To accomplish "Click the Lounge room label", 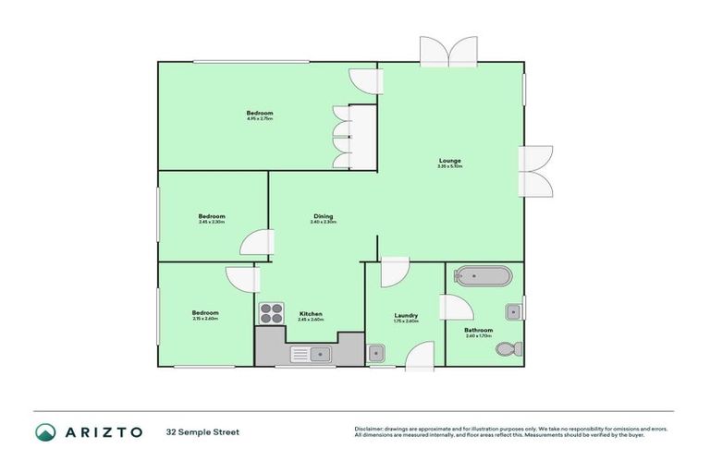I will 450,161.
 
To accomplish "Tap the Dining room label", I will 323,216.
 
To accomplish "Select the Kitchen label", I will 311,314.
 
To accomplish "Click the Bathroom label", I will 478,330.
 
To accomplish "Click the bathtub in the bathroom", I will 482,275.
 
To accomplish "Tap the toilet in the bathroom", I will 508,350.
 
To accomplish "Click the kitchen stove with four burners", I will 270,313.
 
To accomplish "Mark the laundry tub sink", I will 375,353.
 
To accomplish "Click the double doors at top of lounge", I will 447,51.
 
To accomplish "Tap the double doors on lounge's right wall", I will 536,171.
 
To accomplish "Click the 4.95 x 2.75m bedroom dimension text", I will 260,118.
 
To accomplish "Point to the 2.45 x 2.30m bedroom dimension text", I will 212,222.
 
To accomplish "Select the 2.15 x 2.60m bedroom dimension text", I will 205,319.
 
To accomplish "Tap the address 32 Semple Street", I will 202,431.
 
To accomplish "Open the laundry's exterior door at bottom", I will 421,358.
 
